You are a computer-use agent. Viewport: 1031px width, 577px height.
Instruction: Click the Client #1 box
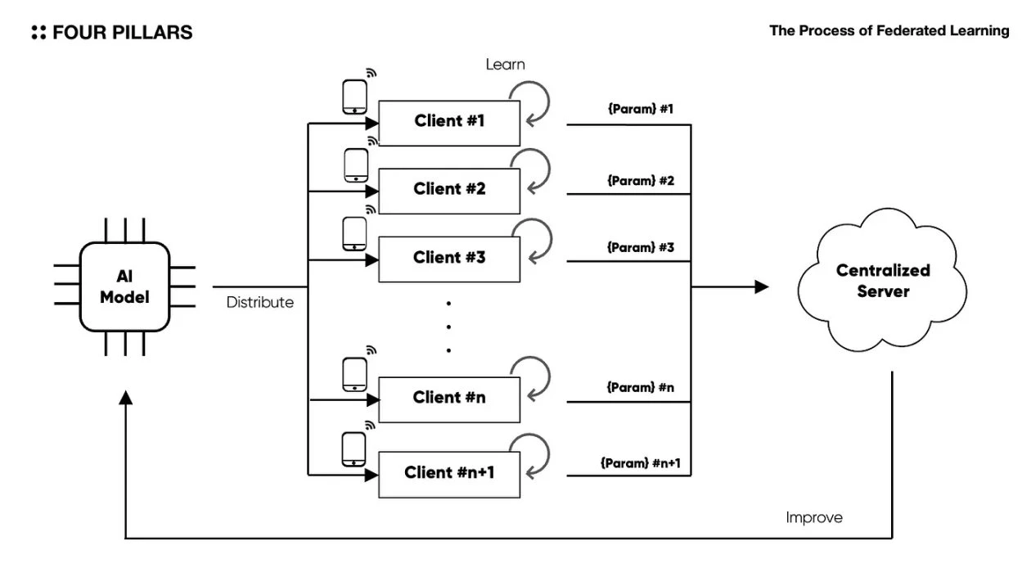[x=449, y=122]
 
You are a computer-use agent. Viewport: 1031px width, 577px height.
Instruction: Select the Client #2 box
[x=449, y=190]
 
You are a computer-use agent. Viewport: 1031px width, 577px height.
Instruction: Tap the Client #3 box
[x=449, y=258]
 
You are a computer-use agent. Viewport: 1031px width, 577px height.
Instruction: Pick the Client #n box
[x=449, y=399]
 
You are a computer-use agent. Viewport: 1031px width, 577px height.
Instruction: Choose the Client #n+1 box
[x=449, y=473]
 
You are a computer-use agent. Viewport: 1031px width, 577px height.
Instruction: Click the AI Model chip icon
[x=125, y=286]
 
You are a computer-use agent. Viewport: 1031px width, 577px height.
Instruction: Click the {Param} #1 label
[x=641, y=109]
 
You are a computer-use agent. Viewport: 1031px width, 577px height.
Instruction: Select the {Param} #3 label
[x=641, y=246]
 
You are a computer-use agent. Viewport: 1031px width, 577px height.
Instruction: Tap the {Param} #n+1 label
[x=641, y=464]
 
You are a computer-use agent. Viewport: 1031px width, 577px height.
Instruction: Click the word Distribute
[x=259, y=303]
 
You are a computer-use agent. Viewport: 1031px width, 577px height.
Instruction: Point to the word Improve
[x=814, y=517]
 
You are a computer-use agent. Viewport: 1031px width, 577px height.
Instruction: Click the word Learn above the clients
[x=505, y=63]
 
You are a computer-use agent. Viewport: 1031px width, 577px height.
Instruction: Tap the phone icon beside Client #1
[x=354, y=98]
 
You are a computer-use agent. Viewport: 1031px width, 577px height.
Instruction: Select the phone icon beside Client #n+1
[x=354, y=450]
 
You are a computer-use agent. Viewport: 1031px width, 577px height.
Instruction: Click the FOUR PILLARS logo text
[x=111, y=33]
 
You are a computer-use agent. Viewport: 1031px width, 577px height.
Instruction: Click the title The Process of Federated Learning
[x=889, y=31]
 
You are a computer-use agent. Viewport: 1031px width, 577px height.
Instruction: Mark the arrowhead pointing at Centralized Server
[x=762, y=286]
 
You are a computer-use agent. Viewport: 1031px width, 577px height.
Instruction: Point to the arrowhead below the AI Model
[x=125, y=397]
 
